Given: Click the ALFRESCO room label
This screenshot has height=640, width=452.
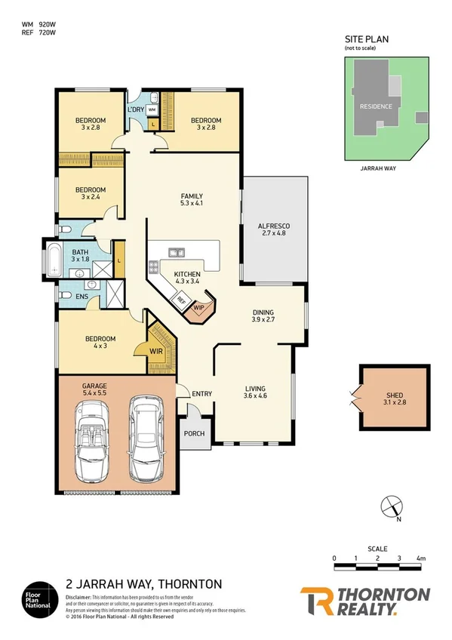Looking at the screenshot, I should [x=275, y=226].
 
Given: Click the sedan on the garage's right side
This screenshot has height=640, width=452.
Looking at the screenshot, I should [x=146, y=439].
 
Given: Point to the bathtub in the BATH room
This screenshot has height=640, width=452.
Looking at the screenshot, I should [x=54, y=259].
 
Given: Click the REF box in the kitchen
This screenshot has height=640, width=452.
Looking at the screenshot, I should [x=181, y=300].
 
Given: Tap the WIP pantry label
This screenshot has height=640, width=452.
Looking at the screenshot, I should [x=200, y=308].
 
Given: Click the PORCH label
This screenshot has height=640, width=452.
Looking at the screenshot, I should [x=195, y=433].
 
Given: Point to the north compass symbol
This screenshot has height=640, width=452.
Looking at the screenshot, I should [x=391, y=506].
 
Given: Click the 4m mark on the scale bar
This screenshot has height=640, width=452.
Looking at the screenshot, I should [x=420, y=558].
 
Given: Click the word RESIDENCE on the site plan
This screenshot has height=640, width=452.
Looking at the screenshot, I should [x=376, y=106].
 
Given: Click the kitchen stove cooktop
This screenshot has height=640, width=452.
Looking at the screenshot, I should [x=155, y=266].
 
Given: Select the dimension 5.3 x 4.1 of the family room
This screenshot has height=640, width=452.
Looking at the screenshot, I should [x=192, y=204].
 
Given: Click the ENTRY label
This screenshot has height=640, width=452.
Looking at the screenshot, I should [x=202, y=393].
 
